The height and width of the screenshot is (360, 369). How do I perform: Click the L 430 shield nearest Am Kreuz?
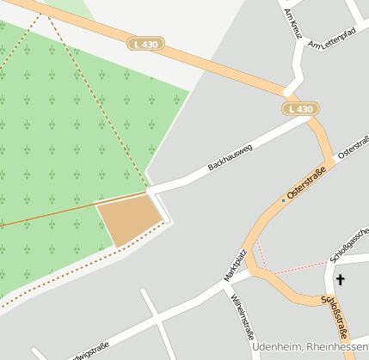click(301, 109)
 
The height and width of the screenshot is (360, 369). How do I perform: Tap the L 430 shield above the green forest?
click(146, 43)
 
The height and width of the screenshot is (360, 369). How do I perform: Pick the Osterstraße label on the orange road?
click(305, 183)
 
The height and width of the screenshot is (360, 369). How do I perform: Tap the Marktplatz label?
click(236, 265)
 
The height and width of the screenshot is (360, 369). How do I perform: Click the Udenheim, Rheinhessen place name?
click(310, 346)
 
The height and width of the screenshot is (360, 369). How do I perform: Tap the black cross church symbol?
click(340, 279)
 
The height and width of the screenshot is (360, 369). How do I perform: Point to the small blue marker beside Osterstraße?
click(282, 200)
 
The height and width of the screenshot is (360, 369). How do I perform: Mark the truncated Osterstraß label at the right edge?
click(354, 145)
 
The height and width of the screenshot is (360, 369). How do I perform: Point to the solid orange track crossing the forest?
click(52, 215)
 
